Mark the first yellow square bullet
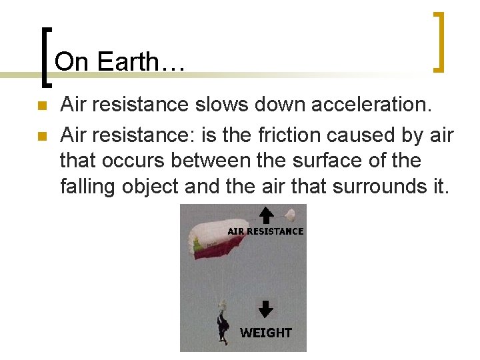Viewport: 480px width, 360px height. click(x=41, y=106)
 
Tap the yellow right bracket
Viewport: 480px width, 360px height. click(x=439, y=42)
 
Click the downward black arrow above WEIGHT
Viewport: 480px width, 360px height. click(x=265, y=309)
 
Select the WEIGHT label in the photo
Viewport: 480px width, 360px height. click(x=265, y=332)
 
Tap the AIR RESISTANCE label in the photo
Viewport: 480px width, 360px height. click(x=265, y=231)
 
